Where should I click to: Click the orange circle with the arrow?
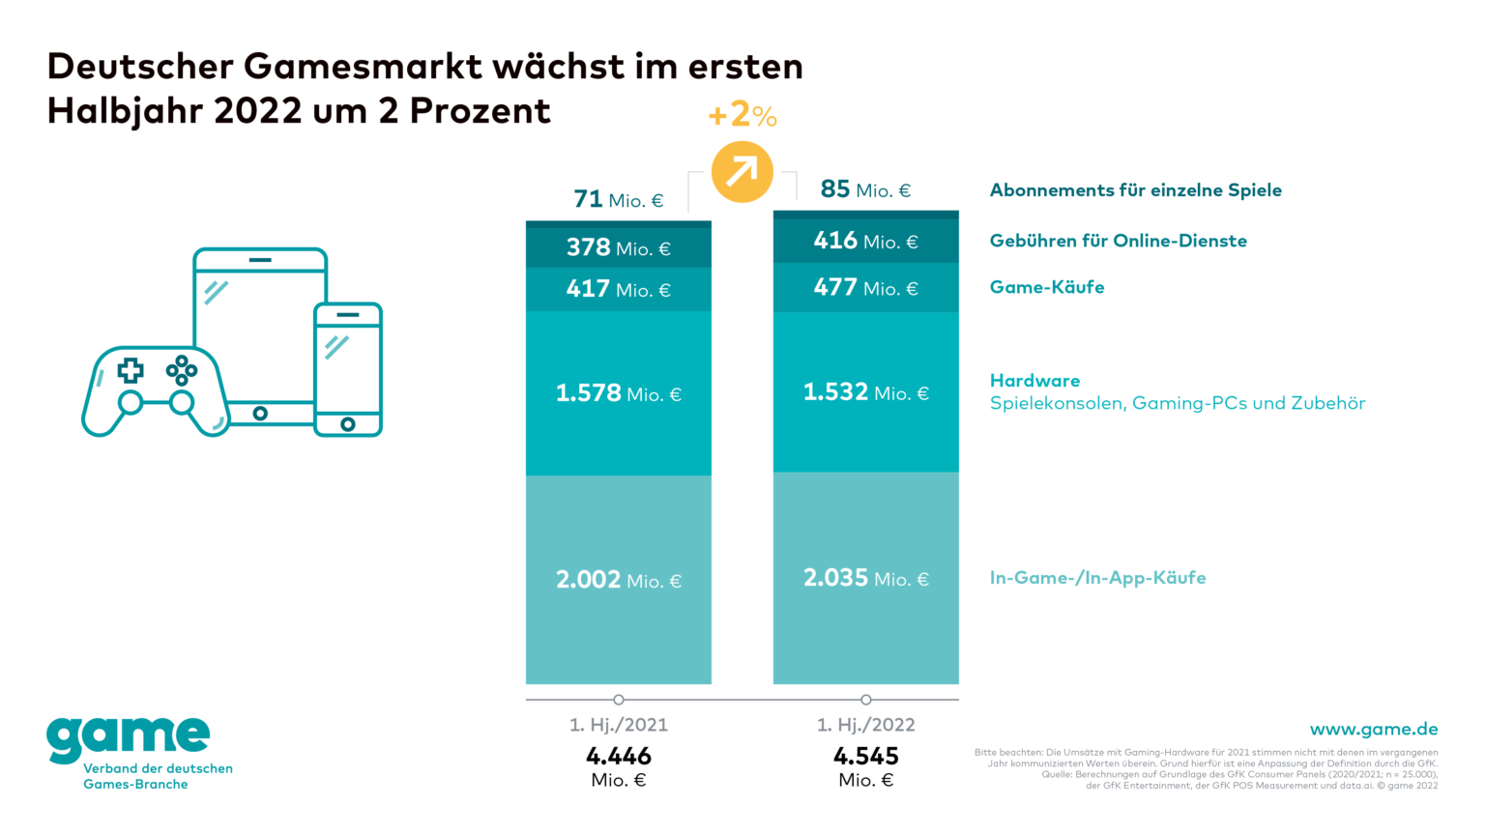[742, 172]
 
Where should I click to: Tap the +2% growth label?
[742, 116]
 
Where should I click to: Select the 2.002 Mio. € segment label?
[619, 580]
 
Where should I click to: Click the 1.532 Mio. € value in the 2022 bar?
[866, 392]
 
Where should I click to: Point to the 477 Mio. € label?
[866, 288]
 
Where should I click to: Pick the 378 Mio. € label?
[619, 248]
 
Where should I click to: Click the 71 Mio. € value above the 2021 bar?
[619, 200]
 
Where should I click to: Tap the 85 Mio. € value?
[866, 189]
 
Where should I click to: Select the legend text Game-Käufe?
[1047, 287]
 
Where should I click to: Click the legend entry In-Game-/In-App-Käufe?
[1098, 578]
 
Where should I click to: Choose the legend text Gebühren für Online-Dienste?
[1119, 241]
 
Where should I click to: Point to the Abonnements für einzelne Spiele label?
[1136, 190]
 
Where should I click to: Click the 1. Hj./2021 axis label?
[619, 725]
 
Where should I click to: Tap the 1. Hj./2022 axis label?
[866, 725]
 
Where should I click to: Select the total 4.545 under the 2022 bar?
[866, 756]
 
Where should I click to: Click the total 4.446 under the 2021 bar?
[619, 756]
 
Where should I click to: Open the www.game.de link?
[1374, 730]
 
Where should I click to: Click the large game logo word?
[129, 739]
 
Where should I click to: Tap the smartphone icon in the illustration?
[348, 370]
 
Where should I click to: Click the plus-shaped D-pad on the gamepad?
[131, 370]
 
